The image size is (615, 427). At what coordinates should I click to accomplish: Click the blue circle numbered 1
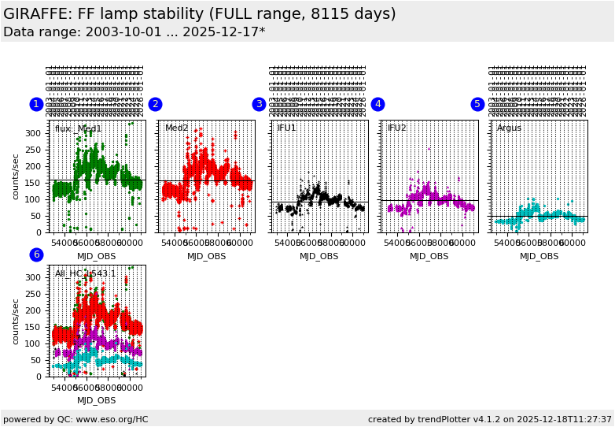36,104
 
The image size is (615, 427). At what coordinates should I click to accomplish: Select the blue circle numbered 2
155,104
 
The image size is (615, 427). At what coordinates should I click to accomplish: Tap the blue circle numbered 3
259,104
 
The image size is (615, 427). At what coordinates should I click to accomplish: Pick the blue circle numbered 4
377,104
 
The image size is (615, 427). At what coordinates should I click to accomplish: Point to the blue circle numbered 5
477,104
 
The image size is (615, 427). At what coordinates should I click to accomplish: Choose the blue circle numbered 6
36,254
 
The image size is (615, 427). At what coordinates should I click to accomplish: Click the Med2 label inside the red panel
176,128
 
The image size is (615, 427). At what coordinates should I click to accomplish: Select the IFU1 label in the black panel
287,128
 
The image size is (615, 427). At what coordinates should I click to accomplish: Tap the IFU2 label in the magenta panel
397,128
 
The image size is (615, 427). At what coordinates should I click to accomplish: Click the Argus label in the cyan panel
509,128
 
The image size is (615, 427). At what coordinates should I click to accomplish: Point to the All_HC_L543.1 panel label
85,273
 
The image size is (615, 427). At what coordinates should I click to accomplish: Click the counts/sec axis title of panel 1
16,176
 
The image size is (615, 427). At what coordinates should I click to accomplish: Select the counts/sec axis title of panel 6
16,321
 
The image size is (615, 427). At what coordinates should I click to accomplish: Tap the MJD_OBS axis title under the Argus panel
539,256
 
